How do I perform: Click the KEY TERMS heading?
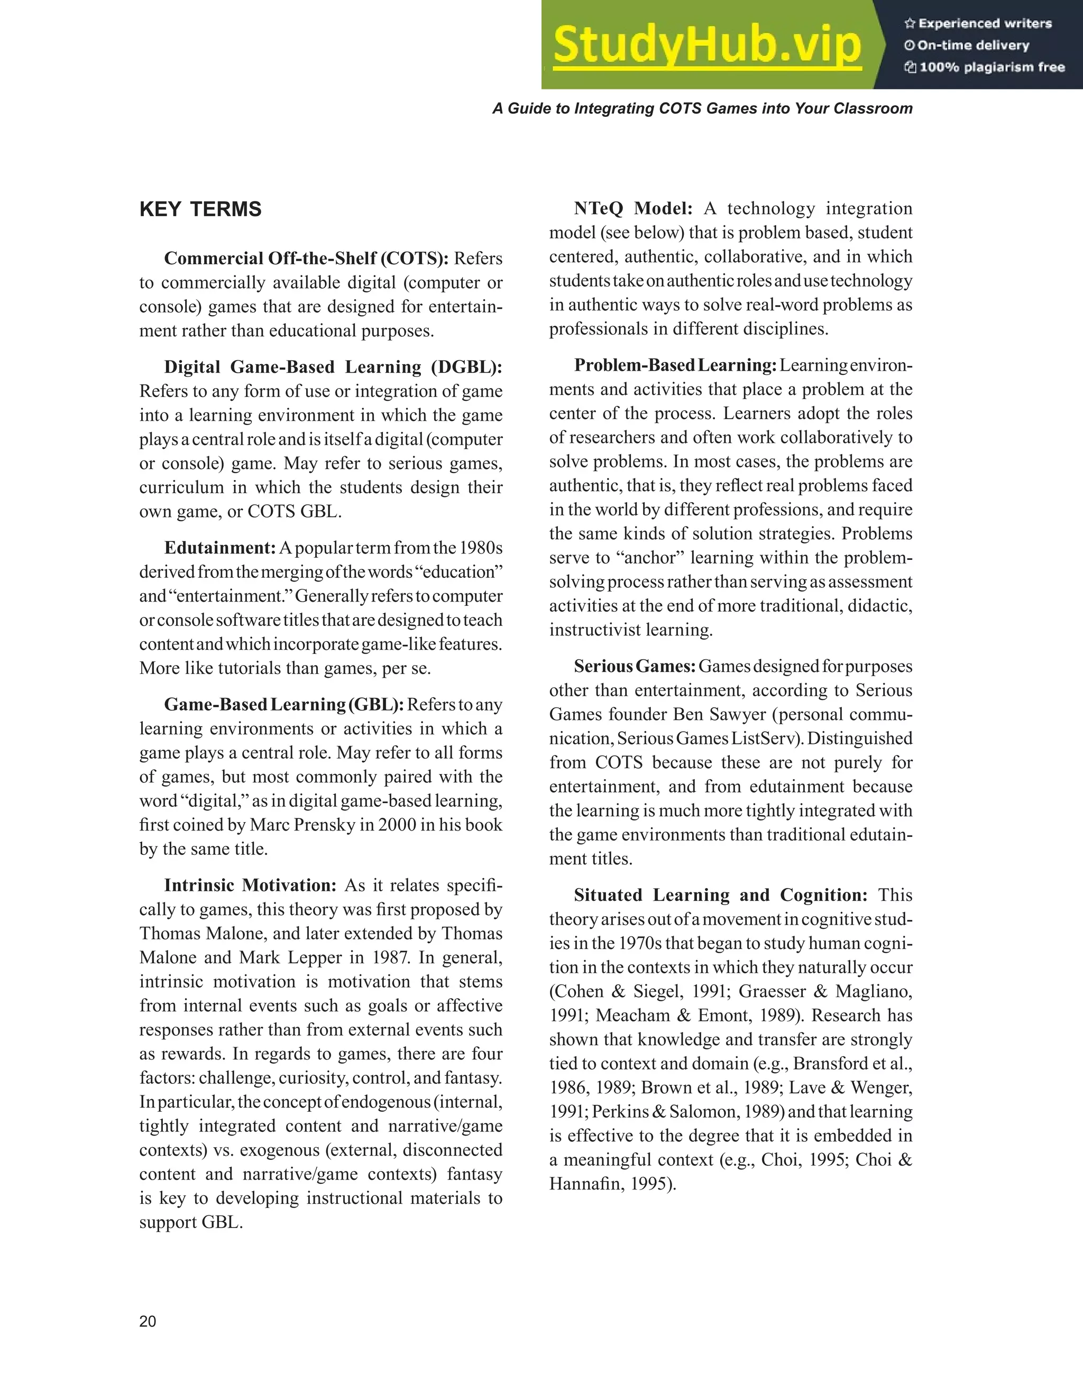pyautogui.click(x=200, y=209)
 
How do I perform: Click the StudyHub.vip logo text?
pyautogui.click(x=707, y=44)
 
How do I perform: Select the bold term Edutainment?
pyautogui.click(x=220, y=548)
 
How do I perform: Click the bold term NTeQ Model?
pyautogui.click(x=632, y=208)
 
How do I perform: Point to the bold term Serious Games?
pyautogui.click(x=634, y=666)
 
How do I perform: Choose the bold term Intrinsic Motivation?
pyautogui.click(x=250, y=886)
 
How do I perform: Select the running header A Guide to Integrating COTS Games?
pyautogui.click(x=702, y=108)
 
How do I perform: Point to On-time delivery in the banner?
pyautogui.click(x=972, y=45)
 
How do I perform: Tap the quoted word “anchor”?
pyautogui.click(x=649, y=558)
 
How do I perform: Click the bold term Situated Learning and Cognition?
pyautogui.click(x=720, y=895)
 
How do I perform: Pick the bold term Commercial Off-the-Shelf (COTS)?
pyautogui.click(x=306, y=258)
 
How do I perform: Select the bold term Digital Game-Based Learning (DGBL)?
pyautogui.click(x=333, y=367)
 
